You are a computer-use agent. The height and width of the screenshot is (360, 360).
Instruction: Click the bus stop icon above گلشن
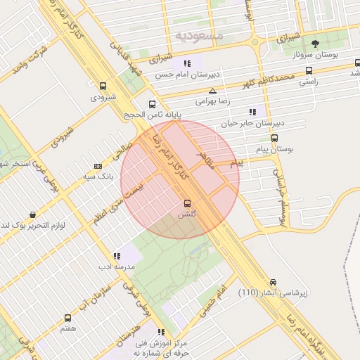coord(186,203)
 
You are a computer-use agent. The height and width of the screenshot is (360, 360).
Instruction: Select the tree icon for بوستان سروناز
coord(315,44)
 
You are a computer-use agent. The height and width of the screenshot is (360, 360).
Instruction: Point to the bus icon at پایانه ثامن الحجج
coord(153,103)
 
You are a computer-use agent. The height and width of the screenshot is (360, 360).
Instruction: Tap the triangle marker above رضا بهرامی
coord(212,91)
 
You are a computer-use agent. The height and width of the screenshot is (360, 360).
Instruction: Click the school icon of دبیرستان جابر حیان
coord(252,112)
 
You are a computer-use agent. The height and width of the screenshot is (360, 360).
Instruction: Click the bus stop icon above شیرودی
coord(103,86)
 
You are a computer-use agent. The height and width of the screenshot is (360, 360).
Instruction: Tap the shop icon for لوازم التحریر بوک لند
coord(32,214)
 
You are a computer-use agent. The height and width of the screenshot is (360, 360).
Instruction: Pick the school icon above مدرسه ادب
coord(117,255)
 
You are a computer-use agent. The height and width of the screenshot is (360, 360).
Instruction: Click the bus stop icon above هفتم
coord(67,318)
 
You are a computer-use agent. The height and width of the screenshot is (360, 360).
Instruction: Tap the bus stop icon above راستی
coord(309,70)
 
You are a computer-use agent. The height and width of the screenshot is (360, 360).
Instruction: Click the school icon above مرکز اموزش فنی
coord(161,332)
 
